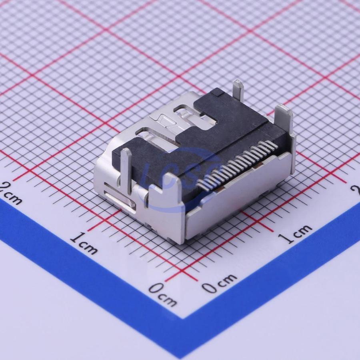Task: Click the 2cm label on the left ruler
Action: coord(10,192)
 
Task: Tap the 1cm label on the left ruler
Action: coord(84,243)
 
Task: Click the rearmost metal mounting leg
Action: coord(238,91)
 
